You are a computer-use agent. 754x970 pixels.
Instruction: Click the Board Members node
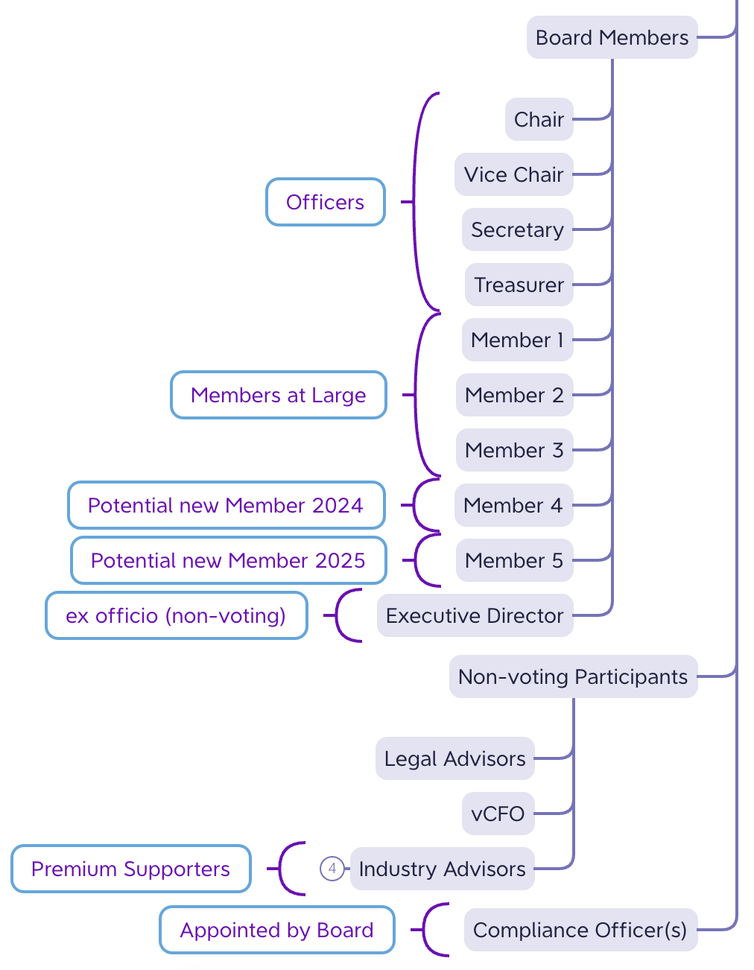(x=612, y=37)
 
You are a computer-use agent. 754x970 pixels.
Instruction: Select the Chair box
(x=539, y=119)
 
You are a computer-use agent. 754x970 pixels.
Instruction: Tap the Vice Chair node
(x=513, y=174)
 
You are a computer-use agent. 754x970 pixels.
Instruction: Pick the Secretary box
(x=517, y=229)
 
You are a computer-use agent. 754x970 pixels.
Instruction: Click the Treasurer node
(x=519, y=285)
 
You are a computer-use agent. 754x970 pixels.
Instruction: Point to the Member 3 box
(x=514, y=450)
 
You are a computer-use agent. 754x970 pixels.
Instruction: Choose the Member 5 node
(x=514, y=560)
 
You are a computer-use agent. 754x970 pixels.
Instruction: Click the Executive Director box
(x=475, y=615)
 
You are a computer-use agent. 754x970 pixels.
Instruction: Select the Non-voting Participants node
(x=573, y=676)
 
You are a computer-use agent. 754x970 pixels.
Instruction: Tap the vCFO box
(x=498, y=814)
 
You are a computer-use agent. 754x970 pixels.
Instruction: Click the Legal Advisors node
(x=454, y=758)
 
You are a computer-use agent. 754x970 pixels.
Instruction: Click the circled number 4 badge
(x=332, y=869)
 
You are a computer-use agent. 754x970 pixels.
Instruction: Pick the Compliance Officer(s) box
(x=580, y=930)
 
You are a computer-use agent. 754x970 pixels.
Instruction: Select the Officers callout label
(x=326, y=202)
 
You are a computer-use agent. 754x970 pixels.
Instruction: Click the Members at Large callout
(x=279, y=395)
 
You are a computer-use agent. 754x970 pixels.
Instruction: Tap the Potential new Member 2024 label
(x=226, y=505)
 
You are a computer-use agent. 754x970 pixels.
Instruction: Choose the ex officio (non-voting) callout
(x=176, y=615)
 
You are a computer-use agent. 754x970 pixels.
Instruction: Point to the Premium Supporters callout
(x=130, y=869)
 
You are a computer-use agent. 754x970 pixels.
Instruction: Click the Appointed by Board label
(x=276, y=930)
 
